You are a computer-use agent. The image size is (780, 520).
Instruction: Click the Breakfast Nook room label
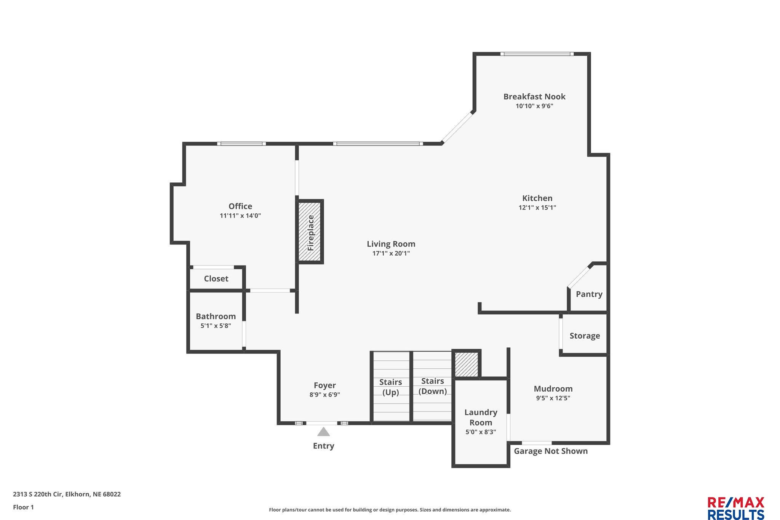point(534,96)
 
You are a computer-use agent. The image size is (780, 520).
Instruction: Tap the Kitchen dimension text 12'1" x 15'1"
point(537,208)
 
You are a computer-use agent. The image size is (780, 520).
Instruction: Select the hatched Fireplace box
point(310,232)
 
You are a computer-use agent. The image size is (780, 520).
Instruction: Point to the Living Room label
point(391,244)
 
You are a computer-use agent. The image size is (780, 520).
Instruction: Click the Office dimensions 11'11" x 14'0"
point(240,216)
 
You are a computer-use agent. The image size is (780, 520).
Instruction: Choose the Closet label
point(216,278)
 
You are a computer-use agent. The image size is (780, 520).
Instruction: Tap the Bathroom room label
point(216,316)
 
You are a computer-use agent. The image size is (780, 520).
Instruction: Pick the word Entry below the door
point(324,446)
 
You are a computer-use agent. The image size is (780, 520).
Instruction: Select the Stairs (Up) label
point(391,387)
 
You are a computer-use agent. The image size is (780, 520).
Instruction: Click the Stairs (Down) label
point(433,386)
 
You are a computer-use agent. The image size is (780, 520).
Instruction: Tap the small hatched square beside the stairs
point(467,364)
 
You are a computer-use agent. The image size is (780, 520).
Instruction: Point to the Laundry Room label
point(481,417)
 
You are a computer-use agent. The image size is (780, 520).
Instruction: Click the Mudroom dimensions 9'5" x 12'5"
point(553,398)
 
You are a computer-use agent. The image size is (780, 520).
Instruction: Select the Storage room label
point(585,336)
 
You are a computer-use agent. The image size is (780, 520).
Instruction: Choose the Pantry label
point(589,294)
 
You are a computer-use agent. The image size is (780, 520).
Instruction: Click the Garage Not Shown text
point(551,451)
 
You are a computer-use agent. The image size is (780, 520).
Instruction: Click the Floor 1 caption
point(24,507)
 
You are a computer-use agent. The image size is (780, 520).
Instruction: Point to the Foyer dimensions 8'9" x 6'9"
point(325,395)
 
